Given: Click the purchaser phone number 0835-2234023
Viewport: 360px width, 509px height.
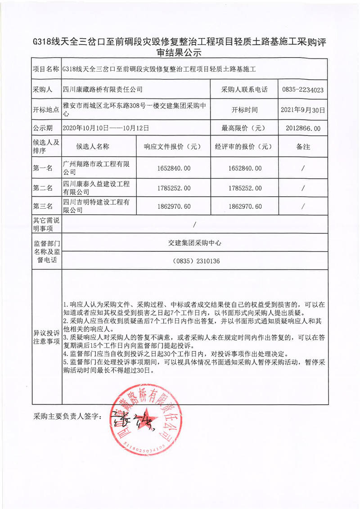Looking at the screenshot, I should (302, 90).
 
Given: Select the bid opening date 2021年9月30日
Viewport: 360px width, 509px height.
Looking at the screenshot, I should (302, 109).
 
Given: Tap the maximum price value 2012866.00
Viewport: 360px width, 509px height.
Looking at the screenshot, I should (302, 128).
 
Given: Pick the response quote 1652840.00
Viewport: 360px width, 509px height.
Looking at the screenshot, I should (174, 168).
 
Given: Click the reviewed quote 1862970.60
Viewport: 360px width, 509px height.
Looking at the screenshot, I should (245, 207).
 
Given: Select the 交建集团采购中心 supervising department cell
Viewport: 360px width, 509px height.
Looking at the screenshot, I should (193, 243).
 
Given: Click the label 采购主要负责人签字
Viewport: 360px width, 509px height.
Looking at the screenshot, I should (68, 417).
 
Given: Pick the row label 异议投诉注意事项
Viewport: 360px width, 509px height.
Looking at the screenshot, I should (46, 337).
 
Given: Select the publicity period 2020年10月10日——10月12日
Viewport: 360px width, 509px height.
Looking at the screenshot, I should (106, 128).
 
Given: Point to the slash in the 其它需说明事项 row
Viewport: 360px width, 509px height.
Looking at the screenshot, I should (193, 224).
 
